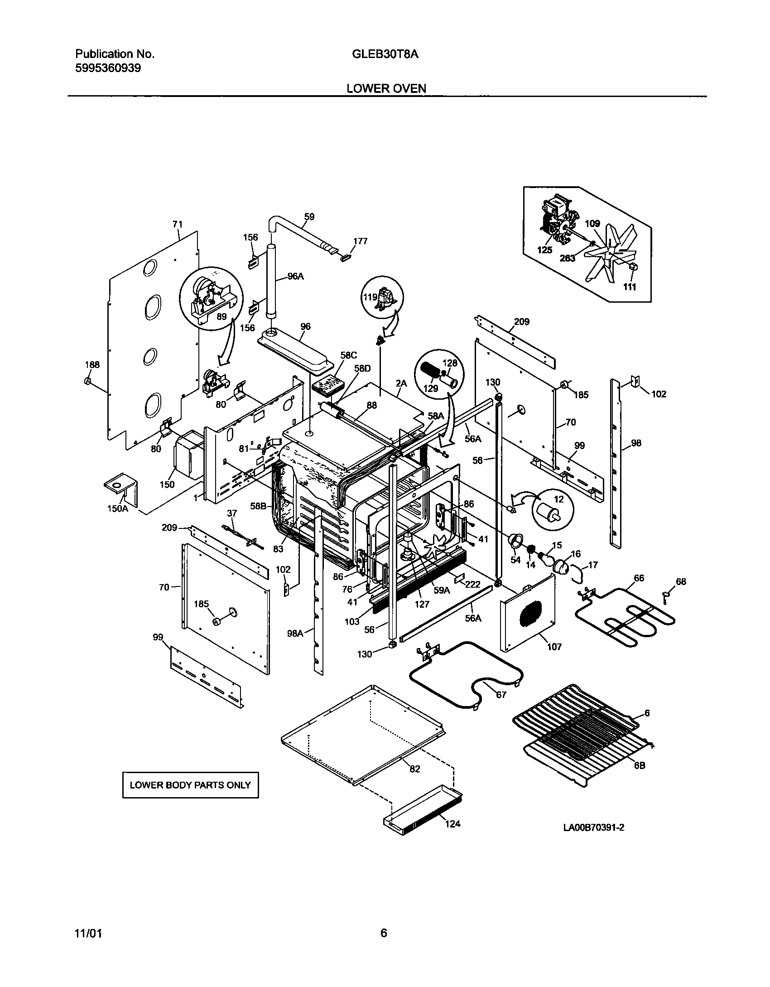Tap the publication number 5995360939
pyautogui.click(x=108, y=68)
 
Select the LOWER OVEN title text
pyautogui.click(x=386, y=88)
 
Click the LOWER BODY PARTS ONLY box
pyautogui.click(x=190, y=785)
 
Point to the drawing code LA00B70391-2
pyautogui.click(x=593, y=827)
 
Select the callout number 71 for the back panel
pyautogui.click(x=177, y=224)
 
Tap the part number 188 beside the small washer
pyautogui.click(x=92, y=365)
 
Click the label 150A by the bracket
pyautogui.click(x=117, y=508)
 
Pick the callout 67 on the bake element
pyautogui.click(x=501, y=695)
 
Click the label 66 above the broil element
pyautogui.click(x=639, y=578)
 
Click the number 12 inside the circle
pyautogui.click(x=559, y=499)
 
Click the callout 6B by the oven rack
pyautogui.click(x=639, y=765)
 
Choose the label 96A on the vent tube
pyautogui.click(x=295, y=276)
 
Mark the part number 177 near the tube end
pyautogui.click(x=360, y=241)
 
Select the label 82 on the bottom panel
pyautogui.click(x=414, y=769)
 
